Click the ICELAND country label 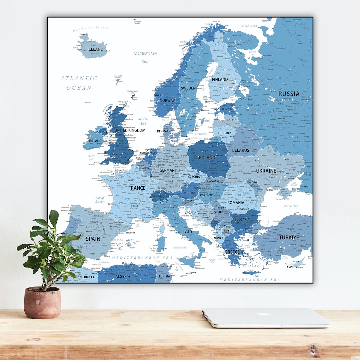pos(95,49)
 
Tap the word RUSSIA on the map pos(289,94)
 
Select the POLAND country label pos(207,158)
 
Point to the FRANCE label pos(137,188)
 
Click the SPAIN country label pos(93,239)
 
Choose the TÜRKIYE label pos(289,238)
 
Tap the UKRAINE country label pos(266,171)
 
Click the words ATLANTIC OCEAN pos(79,83)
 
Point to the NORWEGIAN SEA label pos(145,57)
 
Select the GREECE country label pos(232,252)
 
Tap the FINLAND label pos(220,79)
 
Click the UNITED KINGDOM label pos(130,130)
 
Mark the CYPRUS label pos(291,267)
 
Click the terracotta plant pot pos(42,303)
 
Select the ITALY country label pos(187,231)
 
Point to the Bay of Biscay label pos(100,200)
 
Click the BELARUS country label pos(241,150)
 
